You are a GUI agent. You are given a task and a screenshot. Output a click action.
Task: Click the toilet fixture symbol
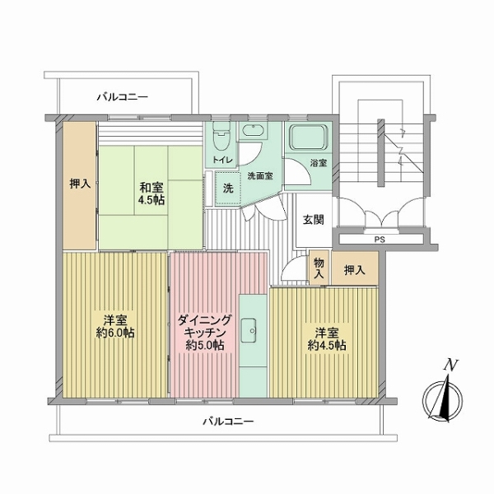point(221,136)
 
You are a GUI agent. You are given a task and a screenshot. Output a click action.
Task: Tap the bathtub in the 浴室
point(309,137)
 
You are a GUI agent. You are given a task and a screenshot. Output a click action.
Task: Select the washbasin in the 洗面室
point(254,130)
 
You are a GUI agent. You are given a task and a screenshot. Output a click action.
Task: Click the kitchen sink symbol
point(249,330)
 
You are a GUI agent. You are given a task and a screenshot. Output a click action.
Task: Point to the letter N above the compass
point(450,366)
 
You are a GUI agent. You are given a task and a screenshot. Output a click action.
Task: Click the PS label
point(380,240)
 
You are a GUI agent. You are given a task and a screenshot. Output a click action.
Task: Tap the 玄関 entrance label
point(313,220)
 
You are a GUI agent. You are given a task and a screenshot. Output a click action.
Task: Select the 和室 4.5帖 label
point(151,194)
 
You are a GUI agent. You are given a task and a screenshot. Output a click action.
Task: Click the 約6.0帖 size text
point(115,333)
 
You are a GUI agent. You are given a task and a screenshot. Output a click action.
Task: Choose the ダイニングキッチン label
point(205,326)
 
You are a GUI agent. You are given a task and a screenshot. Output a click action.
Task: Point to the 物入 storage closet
point(319,268)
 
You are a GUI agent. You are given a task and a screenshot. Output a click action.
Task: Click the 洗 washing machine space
point(228,189)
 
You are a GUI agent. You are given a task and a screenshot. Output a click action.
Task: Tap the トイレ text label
point(223,160)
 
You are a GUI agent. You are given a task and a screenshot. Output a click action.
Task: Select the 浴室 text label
point(319,163)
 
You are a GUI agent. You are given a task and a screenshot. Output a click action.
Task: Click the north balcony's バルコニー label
point(122,96)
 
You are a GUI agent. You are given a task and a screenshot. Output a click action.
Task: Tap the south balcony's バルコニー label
point(228,422)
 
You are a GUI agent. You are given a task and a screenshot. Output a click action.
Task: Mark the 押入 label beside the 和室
point(80,184)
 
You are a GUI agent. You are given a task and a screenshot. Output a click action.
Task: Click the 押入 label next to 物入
point(354,270)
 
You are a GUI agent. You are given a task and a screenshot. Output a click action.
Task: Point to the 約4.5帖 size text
point(327,346)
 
